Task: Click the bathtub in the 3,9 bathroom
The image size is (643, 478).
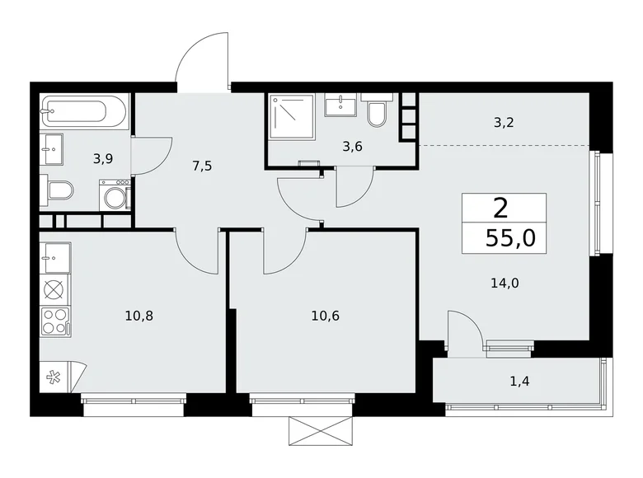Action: click(x=85, y=110)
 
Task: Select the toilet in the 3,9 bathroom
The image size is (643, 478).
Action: click(x=60, y=191)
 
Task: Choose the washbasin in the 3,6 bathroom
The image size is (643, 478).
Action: click(x=340, y=105)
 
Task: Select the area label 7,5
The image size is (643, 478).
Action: click(x=202, y=165)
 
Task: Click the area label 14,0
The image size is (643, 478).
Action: click(x=505, y=282)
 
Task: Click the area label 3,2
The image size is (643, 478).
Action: click(x=505, y=124)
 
